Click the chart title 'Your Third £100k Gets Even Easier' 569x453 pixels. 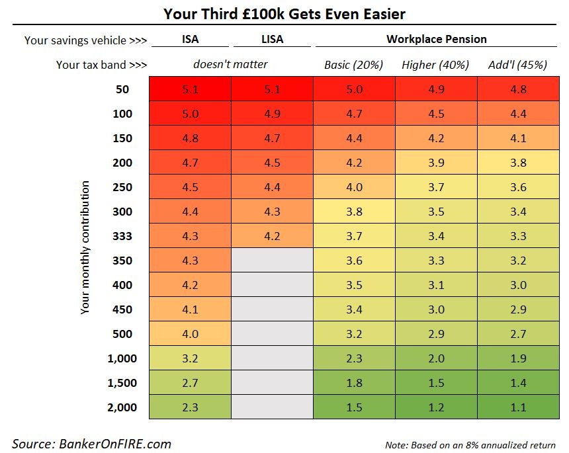tap(284, 13)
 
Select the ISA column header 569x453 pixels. tap(190, 39)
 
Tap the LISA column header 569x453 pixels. tap(272, 39)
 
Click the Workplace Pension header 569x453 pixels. tap(436, 39)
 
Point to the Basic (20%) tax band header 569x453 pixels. tap(354, 65)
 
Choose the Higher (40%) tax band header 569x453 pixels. tap(435, 65)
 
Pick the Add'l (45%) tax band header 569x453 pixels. tap(518, 65)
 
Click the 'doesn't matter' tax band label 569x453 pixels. tap(230, 64)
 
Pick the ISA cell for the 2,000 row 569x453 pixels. tap(190, 407)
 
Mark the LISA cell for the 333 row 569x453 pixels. tap(272, 236)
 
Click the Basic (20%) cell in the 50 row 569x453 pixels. tap(354, 89)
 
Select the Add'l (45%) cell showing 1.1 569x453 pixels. tap(518, 407)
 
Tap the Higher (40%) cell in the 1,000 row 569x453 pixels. tap(436, 358)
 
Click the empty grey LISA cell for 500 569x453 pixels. tap(272, 334)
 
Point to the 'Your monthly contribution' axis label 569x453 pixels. tap(85, 248)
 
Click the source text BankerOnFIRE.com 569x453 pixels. tap(91, 443)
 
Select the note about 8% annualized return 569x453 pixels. tap(470, 444)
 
